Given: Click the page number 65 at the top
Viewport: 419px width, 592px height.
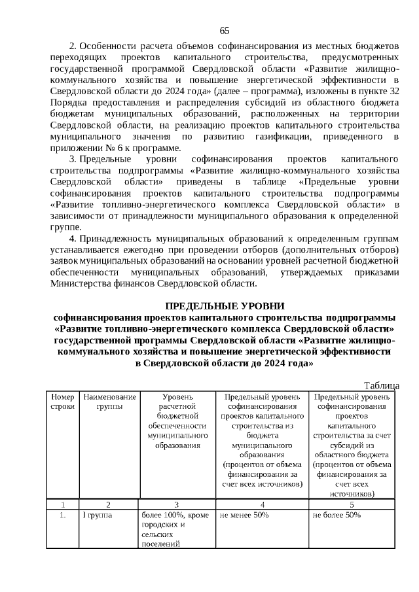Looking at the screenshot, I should pos(225,31).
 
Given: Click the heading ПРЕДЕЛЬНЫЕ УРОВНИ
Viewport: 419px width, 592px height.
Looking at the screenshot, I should pos(225,306).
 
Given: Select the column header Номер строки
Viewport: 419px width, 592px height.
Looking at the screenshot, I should pos(62,402).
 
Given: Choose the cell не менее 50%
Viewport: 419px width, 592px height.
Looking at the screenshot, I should pos(245,515).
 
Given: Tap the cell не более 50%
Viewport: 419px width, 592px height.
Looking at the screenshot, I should pos(337,515).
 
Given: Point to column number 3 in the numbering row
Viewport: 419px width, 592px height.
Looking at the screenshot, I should pos(177,504).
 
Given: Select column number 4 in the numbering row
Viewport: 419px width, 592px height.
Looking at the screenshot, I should pos(262,504).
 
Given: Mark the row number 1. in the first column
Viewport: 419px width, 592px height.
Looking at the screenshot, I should pos(62,515).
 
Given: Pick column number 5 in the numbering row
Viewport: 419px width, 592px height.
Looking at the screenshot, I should pos(352,504).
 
